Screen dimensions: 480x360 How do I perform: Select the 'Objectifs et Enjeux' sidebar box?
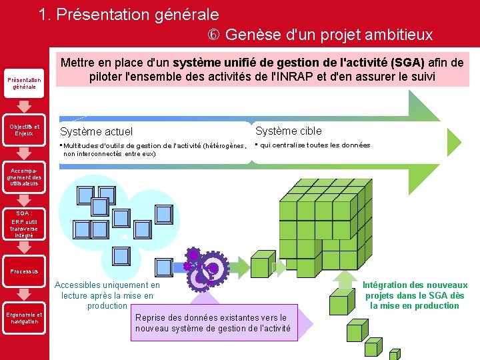[24, 129]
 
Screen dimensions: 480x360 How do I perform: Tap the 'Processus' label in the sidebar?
[24, 271]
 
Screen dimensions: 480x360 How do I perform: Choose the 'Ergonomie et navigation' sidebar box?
[24, 318]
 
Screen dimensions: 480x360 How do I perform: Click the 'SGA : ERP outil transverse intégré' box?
[24, 224]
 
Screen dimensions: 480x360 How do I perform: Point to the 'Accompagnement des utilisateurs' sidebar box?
[24, 177]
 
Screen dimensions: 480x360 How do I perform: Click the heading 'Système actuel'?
[97, 132]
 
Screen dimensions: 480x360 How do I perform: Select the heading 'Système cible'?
[288, 131]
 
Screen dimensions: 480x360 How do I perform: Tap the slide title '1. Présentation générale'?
[129, 14]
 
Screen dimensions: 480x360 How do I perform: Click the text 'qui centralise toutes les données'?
[315, 145]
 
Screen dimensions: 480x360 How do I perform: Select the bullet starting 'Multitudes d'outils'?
[153, 149]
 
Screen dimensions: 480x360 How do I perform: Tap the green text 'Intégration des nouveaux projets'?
[415, 295]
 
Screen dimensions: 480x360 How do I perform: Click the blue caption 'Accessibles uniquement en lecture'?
[107, 295]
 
